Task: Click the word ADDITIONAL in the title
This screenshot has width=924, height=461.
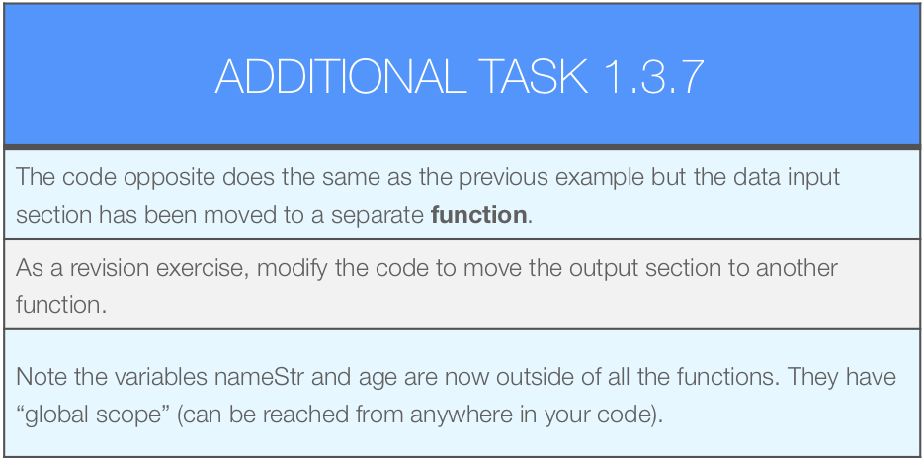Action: click(341, 76)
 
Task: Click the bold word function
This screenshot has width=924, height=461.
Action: click(478, 215)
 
